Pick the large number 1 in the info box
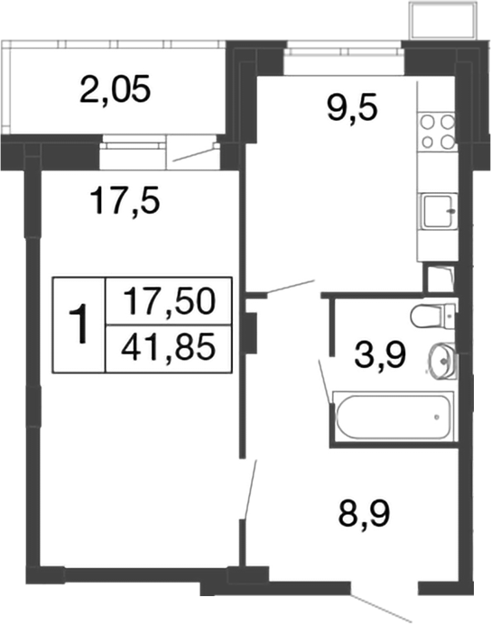tap(80, 325)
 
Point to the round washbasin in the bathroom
tap(443, 361)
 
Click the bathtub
tap(394, 417)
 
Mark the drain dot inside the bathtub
tap(438, 417)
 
